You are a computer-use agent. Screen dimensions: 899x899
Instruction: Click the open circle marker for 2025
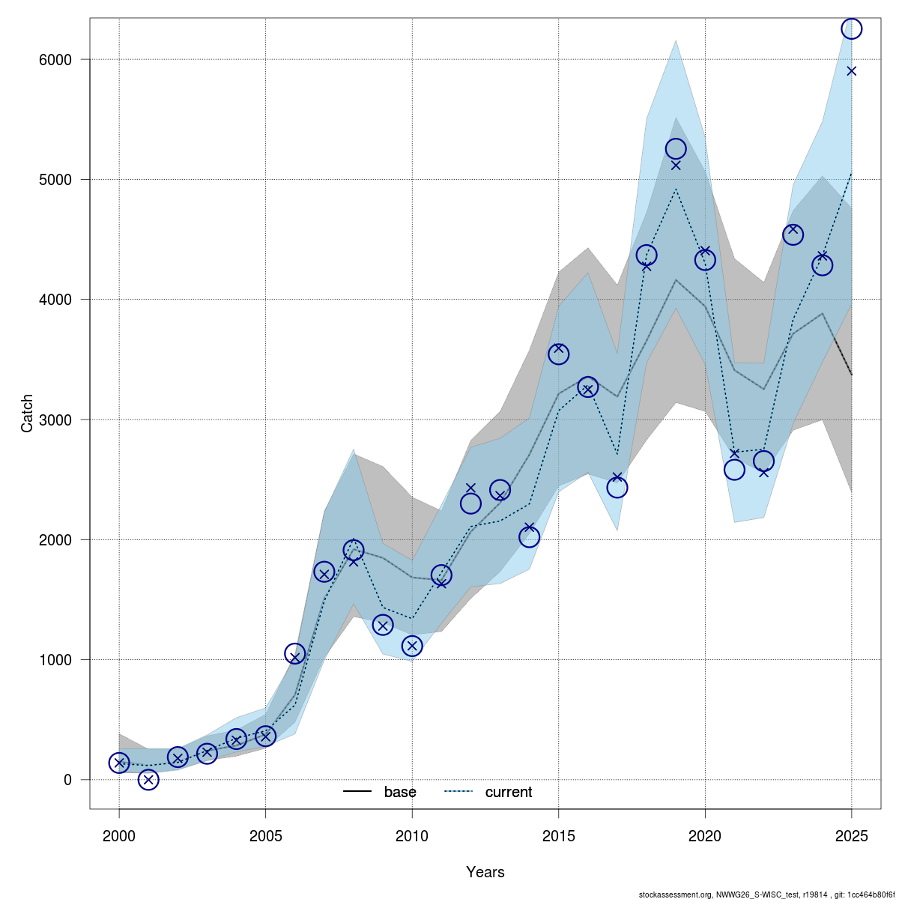pos(851,28)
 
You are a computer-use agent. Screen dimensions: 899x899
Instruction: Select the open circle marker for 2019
pos(676,149)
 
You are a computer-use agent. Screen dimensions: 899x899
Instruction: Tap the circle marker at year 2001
pos(148,780)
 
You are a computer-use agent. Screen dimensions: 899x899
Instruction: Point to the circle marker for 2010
pos(412,646)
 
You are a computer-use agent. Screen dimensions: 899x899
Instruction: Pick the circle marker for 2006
pos(295,654)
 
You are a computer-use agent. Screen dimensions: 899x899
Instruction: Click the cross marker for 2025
pos(851,71)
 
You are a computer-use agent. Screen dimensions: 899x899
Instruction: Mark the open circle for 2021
pos(734,470)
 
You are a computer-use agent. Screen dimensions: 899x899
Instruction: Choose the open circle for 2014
pos(529,537)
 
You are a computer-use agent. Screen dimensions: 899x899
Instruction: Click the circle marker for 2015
pos(558,354)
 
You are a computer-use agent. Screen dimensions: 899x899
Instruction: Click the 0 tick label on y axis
pos(67,780)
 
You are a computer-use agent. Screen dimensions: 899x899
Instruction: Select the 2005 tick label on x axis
pos(265,835)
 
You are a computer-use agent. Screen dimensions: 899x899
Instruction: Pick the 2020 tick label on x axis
pos(705,835)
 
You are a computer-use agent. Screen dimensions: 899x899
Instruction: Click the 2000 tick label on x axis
pos(119,835)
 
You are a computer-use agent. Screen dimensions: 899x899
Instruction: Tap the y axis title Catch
pos(28,413)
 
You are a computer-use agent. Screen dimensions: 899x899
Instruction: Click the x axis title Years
pos(485,872)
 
